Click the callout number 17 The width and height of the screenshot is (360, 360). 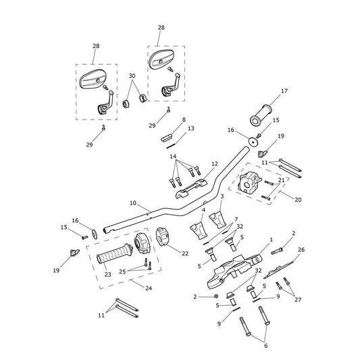pos(284,91)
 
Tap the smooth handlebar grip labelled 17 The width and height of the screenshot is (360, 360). pos(261,115)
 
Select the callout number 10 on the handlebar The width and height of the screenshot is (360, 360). pos(133,203)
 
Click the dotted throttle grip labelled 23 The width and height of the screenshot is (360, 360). pos(115,253)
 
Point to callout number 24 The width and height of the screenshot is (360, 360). pos(149,288)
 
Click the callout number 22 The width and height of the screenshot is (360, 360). pos(185,253)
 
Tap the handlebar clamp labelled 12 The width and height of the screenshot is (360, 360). pos(191,188)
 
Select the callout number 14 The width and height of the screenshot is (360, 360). pos(173,157)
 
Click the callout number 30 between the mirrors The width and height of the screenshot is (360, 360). pos(132,76)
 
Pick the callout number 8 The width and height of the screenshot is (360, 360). pos(184,120)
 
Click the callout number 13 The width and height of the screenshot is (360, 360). pos(191,128)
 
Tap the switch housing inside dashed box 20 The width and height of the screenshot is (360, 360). pos(250,182)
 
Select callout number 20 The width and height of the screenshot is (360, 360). pos(298,200)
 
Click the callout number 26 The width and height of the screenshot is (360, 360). pos(301,249)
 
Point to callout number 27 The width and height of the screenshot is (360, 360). pos(298,300)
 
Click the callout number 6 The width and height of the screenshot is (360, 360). pos(266,346)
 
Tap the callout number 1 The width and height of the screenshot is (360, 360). pos(272,240)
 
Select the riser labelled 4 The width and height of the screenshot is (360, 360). pos(199,230)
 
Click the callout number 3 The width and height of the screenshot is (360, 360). pos(222,197)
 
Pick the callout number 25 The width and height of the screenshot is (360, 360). pos(122,272)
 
